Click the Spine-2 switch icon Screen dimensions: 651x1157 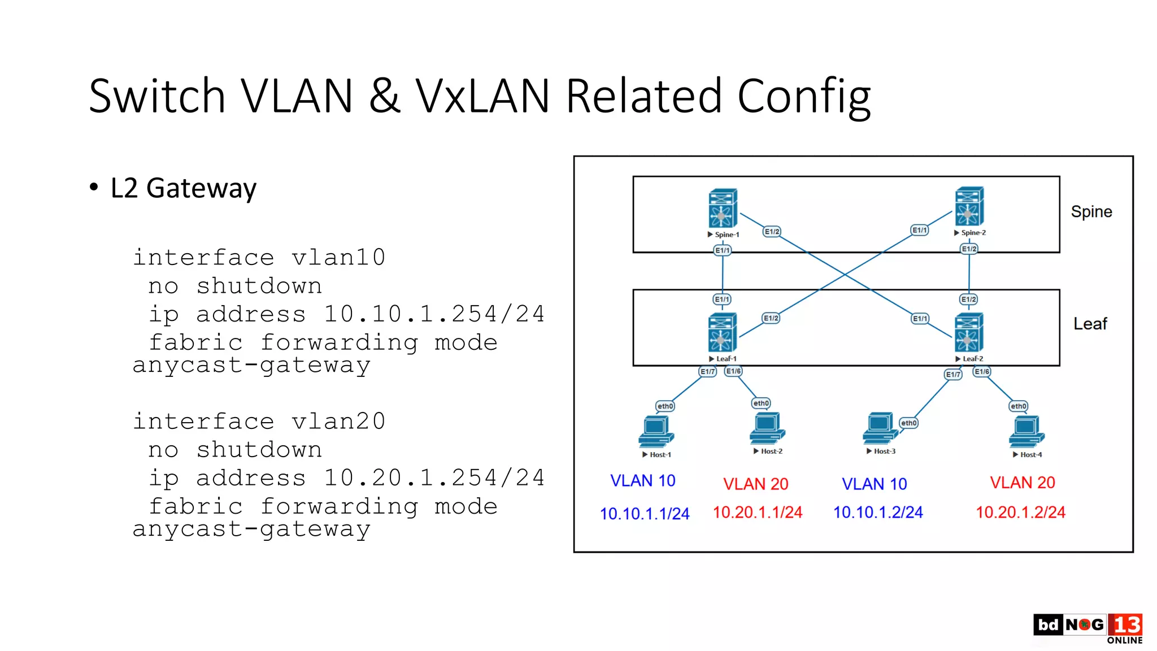pos(969,206)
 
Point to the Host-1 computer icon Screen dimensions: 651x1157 pos(656,432)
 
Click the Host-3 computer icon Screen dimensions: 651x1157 pos(880,429)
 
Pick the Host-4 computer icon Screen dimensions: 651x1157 pos(1026,432)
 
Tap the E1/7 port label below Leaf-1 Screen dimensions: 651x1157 pos(707,372)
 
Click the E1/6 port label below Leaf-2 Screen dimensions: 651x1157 pos(982,372)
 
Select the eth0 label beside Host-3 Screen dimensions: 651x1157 pos(908,423)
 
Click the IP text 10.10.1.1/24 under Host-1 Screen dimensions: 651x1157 pos(644,514)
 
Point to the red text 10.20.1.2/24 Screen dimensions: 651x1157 pos(1020,513)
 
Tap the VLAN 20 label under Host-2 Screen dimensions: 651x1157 pos(755,484)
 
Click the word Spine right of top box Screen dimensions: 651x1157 pos(1091,212)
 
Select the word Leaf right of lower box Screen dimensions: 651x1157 pos(1090,324)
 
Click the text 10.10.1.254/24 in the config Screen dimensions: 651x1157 pos(433,314)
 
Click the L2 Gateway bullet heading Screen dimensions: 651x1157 pos(183,188)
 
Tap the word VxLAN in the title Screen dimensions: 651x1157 pos(482,96)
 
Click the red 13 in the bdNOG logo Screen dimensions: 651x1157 pos(1125,625)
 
